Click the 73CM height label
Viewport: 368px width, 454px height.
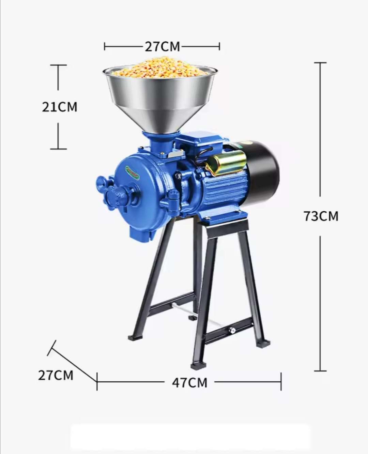tap(321, 216)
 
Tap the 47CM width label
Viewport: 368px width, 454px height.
tap(189, 383)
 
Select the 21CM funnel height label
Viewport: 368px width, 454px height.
tap(59, 107)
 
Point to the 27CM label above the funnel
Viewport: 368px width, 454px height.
tap(163, 46)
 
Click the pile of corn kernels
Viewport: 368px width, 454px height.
tap(160, 67)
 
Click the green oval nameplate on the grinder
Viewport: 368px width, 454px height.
tap(134, 171)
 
